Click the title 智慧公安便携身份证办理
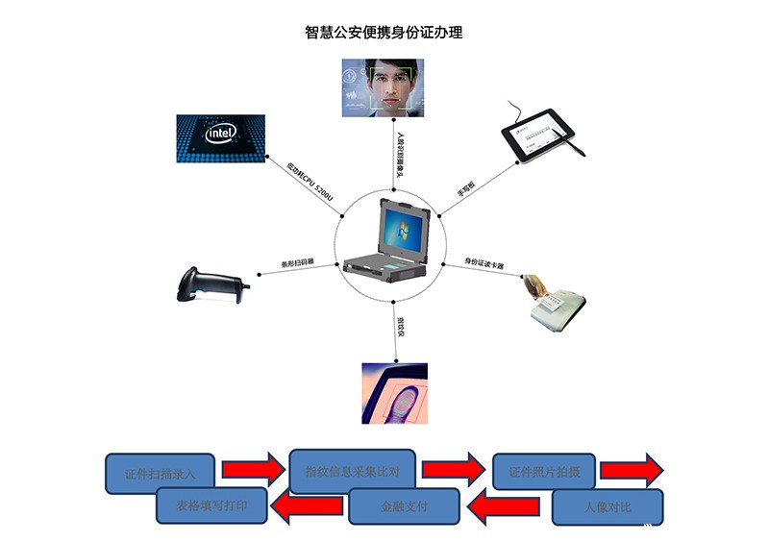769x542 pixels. tap(384, 33)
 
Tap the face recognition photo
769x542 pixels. tap(383, 87)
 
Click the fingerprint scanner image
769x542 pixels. tap(392, 394)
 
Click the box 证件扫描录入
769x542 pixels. tap(161, 474)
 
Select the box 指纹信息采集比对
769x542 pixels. tap(352, 471)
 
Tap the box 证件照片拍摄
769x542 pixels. tap(544, 471)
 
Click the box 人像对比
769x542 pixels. tap(607, 506)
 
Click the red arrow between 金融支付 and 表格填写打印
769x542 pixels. tap(308, 505)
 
